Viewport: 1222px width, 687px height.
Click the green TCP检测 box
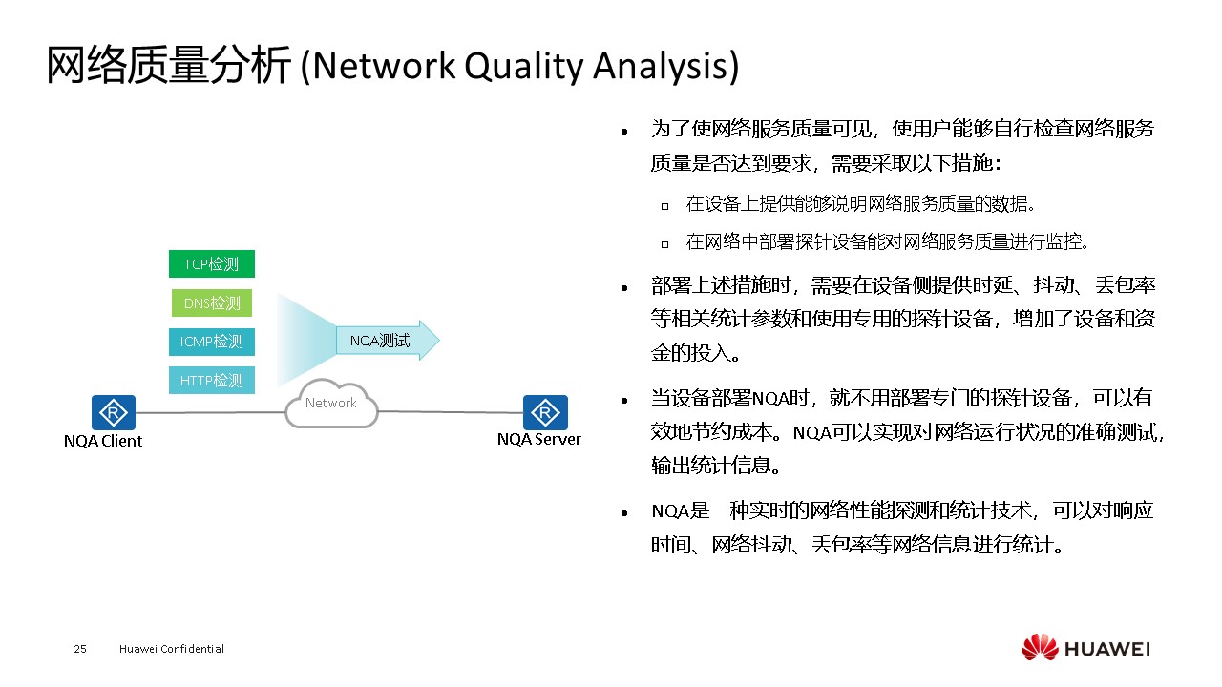click(211, 264)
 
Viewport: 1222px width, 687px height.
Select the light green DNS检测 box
click(211, 303)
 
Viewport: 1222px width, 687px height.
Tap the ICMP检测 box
click(211, 342)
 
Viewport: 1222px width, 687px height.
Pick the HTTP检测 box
click(211, 380)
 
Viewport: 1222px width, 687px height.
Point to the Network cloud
click(331, 405)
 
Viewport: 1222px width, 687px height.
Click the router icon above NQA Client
click(114, 412)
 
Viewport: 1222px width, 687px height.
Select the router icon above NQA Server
click(545, 412)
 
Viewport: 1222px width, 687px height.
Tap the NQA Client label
click(103, 441)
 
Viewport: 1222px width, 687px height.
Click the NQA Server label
click(538, 440)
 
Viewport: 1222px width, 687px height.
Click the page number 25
click(80, 649)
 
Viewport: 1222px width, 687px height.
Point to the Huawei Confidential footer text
click(172, 649)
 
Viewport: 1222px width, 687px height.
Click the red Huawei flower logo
click(1040, 647)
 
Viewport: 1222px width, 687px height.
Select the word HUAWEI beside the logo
click(1107, 649)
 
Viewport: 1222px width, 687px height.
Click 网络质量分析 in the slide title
click(168, 67)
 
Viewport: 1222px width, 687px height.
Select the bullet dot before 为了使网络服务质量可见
click(624, 132)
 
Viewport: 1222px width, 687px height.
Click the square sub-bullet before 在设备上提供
click(664, 205)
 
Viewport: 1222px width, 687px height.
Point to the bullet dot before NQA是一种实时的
click(624, 513)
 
